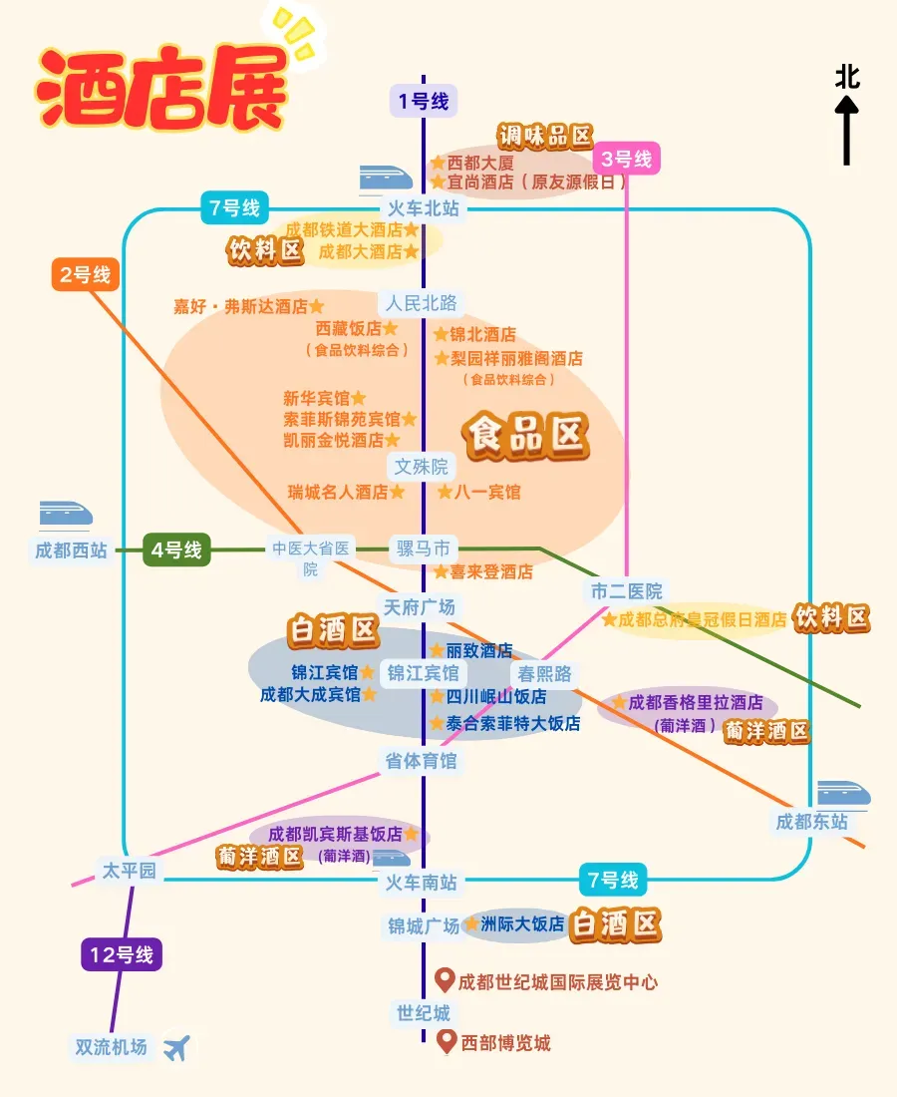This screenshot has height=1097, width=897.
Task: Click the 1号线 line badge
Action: [x=423, y=100]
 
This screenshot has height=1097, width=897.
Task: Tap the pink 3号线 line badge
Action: [x=627, y=159]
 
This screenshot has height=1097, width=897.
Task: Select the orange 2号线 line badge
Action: [x=85, y=274]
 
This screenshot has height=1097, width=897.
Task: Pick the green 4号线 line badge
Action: [x=176, y=548]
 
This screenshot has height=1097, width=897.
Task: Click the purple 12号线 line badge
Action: [x=122, y=954]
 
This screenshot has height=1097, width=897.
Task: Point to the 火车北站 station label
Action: [x=424, y=208]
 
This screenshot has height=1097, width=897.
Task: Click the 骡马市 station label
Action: [x=424, y=548]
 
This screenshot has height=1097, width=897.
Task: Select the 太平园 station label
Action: [x=130, y=871]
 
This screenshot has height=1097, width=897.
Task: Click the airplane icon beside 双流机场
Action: [x=176, y=1047]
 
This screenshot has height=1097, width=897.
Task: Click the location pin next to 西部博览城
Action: [x=448, y=1042]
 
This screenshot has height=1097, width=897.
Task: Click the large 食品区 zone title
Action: [x=525, y=437]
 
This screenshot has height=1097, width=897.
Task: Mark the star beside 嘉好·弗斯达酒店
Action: [x=316, y=306]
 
